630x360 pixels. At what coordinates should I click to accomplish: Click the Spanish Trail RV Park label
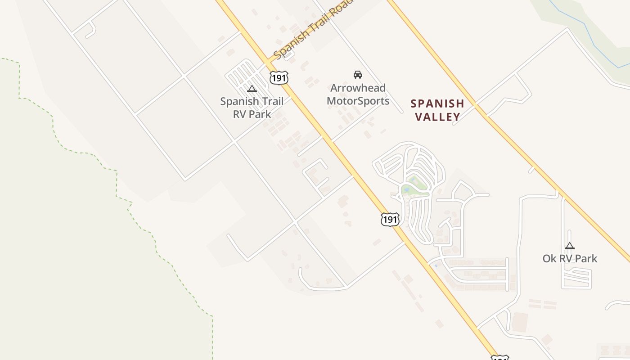(252, 108)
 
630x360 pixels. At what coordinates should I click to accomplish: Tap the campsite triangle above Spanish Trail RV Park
(252, 89)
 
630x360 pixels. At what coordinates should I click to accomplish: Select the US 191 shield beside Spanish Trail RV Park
(279, 77)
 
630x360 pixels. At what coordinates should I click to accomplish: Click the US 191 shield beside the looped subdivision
(390, 219)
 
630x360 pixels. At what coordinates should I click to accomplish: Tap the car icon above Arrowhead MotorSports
(358, 74)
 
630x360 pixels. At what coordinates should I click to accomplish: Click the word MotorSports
(358, 101)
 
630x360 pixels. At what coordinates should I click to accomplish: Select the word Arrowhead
(358, 88)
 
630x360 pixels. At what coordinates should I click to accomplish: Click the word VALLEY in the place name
(437, 117)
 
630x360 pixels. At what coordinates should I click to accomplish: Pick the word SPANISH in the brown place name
(437, 104)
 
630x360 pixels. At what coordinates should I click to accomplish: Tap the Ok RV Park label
(570, 258)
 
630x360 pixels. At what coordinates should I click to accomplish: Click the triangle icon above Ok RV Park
(570, 246)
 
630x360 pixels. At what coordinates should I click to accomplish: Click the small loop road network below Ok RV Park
(576, 278)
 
